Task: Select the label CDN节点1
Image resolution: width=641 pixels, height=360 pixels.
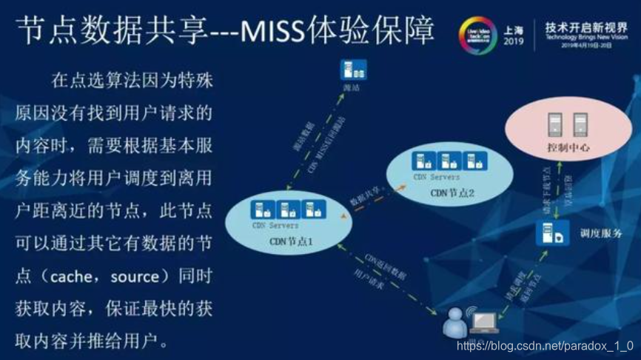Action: [x=291, y=241]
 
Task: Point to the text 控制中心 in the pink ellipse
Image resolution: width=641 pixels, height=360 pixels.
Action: [x=568, y=147]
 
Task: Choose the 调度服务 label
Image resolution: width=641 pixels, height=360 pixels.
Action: [x=601, y=233]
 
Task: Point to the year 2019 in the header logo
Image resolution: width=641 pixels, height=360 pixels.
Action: [x=513, y=41]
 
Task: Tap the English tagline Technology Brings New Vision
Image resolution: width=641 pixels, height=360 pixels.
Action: [x=586, y=36]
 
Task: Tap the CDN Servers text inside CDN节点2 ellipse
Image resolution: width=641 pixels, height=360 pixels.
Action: [x=437, y=178]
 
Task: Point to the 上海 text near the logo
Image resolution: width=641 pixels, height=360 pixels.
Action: [x=513, y=30]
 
